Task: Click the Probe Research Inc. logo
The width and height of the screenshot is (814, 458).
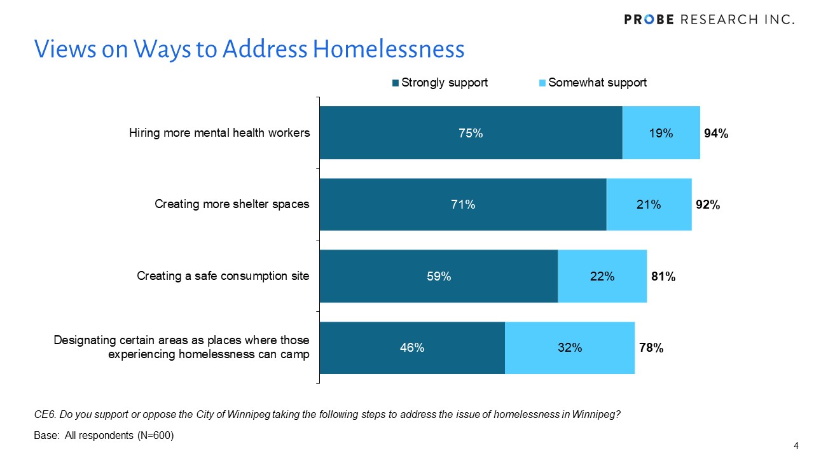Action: point(709,19)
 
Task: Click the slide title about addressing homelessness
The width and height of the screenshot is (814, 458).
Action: point(249,49)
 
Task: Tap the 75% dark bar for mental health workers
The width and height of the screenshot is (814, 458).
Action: point(471,133)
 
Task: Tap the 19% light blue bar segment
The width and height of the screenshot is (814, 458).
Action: point(661,133)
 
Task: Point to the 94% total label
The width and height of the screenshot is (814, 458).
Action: point(716,133)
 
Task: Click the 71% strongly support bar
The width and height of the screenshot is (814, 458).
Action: point(463,204)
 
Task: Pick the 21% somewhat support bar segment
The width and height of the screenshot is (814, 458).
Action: point(649,204)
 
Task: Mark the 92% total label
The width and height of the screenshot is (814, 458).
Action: point(707,204)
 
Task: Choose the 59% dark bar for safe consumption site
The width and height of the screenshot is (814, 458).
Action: point(439,276)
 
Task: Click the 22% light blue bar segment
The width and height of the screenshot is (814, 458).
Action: point(602,276)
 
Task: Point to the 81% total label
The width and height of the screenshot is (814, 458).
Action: point(663,276)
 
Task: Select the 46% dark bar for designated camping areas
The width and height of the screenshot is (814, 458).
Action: point(412,347)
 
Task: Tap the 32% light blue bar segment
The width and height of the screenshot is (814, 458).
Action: point(570,347)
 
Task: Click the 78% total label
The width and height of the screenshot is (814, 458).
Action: point(651,347)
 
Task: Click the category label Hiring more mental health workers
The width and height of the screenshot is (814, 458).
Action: point(219,133)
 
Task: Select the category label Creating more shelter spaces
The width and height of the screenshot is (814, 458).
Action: point(232,204)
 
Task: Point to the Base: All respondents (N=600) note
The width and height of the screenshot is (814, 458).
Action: point(104,436)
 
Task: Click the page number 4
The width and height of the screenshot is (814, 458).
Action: point(796,445)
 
